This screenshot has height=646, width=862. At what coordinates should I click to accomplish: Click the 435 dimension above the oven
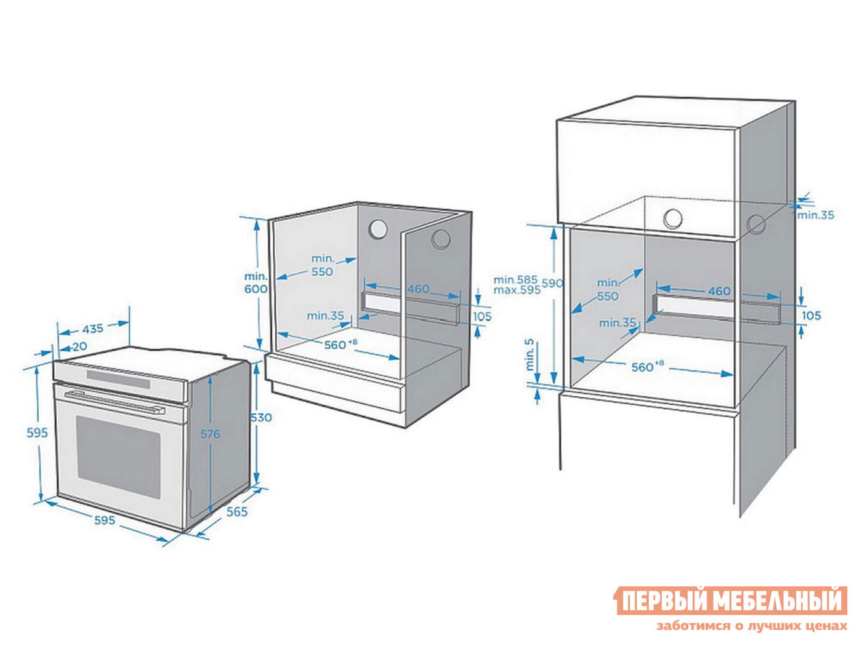[93, 329]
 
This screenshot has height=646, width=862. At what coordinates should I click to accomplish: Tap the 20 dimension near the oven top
[79, 347]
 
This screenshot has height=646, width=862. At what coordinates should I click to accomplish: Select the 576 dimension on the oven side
[210, 434]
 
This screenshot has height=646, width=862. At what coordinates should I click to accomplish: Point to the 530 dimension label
[260, 418]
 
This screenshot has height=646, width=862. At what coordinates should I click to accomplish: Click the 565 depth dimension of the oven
[237, 512]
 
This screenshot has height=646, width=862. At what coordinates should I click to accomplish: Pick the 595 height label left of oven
[37, 433]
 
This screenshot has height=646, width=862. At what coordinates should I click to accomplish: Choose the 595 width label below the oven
[105, 520]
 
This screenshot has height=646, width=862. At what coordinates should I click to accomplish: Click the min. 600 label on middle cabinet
[256, 283]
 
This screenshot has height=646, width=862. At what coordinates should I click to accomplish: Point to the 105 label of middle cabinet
[482, 316]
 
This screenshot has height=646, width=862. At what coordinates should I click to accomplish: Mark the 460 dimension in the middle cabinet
[418, 289]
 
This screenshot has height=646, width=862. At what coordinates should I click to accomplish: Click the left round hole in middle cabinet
[377, 229]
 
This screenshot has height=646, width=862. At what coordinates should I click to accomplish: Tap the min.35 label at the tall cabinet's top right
[816, 215]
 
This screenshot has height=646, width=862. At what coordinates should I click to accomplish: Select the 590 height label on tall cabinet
[552, 284]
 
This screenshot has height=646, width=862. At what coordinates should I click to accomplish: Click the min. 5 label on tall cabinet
[530, 355]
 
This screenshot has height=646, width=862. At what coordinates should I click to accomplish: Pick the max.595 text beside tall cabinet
[517, 290]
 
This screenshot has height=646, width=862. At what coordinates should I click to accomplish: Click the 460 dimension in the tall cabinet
[719, 291]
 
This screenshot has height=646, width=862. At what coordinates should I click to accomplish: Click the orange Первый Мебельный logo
[731, 600]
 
